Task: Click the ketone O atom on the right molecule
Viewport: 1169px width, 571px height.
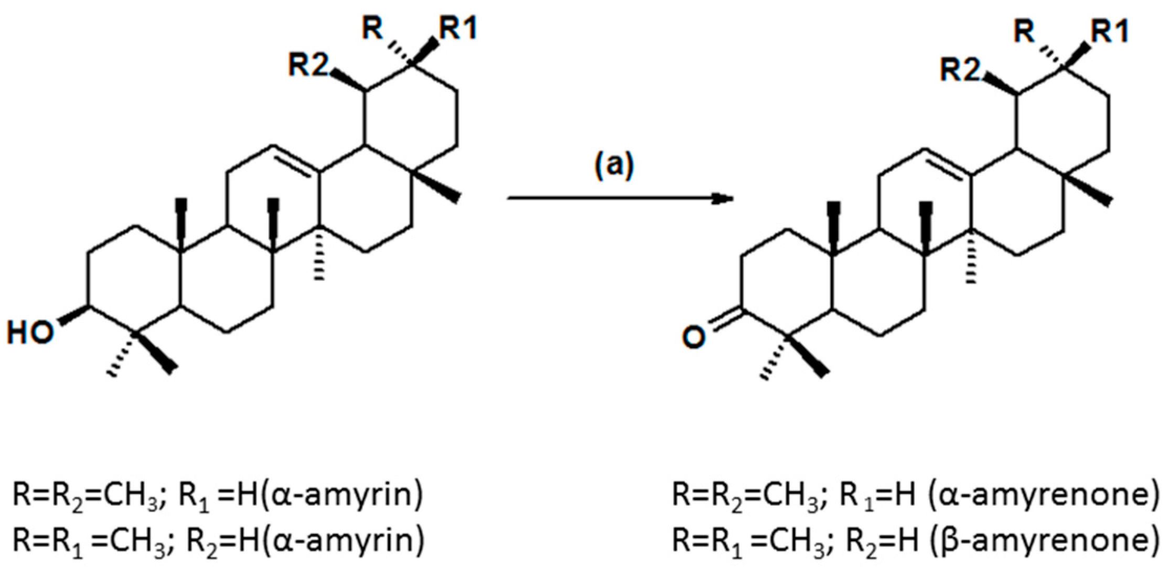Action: pyautogui.click(x=693, y=339)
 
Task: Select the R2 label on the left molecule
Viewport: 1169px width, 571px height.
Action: pyautogui.click(x=309, y=66)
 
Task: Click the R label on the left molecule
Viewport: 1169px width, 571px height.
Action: pyautogui.click(x=373, y=29)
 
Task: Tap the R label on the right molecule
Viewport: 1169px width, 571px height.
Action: pyautogui.click(x=1024, y=33)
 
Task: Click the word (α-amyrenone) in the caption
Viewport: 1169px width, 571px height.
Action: pyautogui.click(x=1042, y=496)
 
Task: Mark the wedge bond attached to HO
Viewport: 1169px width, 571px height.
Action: pyautogui.click(x=73, y=314)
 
